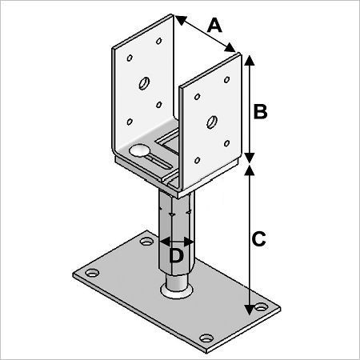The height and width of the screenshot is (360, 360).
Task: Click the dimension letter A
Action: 214,26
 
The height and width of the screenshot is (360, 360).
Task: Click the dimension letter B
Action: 260,111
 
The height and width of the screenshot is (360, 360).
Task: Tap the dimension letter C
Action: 258,239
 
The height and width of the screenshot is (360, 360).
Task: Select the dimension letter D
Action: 176,256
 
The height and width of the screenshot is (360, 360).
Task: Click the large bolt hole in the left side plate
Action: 144,83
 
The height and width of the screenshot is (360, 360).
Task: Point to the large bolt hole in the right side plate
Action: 212,122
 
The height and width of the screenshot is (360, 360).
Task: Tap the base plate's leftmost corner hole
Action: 92,273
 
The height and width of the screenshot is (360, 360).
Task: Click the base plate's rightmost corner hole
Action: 262,306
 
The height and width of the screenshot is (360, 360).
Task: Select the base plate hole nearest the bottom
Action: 206,338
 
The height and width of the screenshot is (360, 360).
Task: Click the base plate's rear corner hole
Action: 146,242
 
